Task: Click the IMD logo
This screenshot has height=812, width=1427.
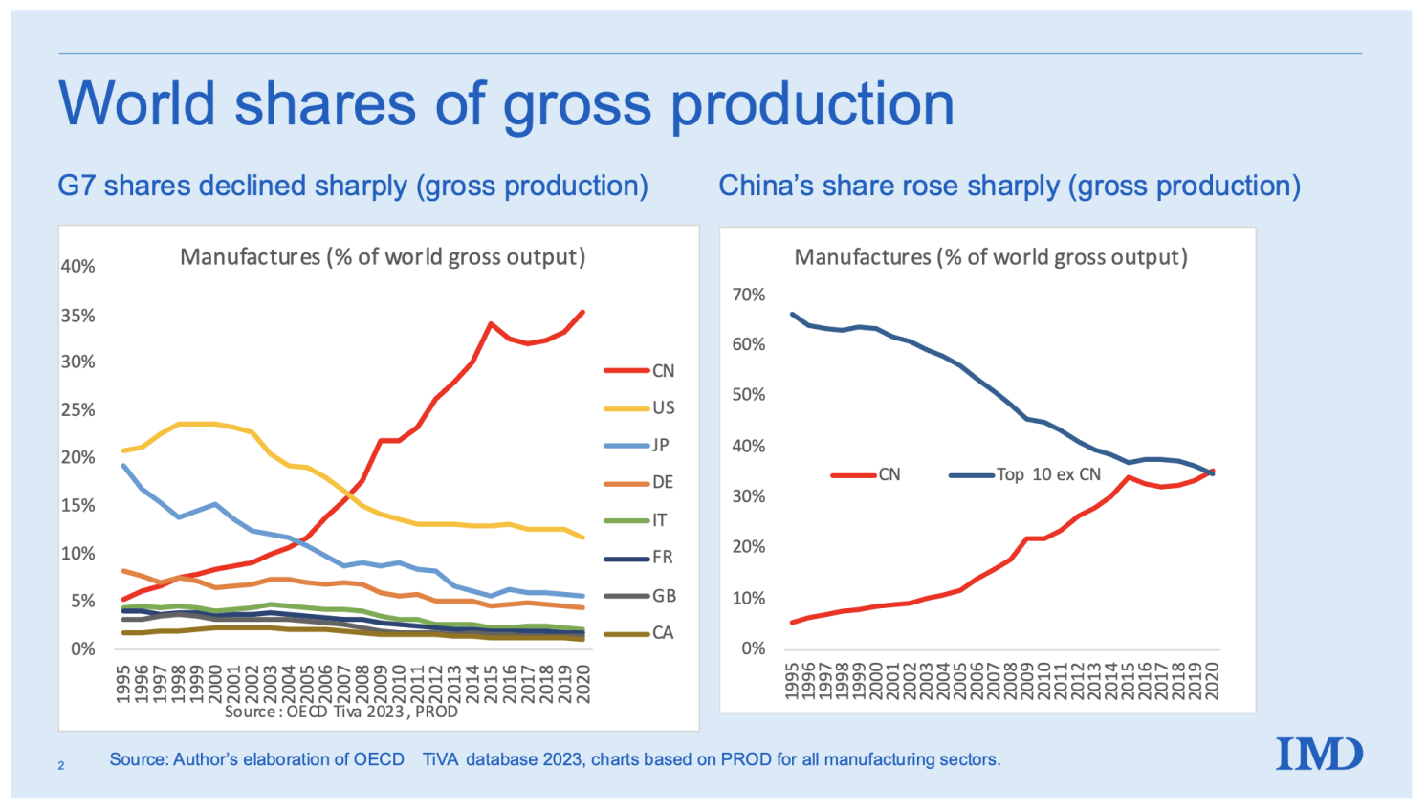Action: [1319, 755]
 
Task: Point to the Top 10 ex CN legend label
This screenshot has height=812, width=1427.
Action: [1048, 474]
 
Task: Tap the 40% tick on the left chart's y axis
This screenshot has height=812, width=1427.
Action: [78, 266]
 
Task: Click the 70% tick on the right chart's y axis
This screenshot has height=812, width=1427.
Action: [749, 295]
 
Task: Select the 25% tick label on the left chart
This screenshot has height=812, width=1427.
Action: [78, 409]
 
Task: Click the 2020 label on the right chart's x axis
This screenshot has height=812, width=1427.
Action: [1213, 680]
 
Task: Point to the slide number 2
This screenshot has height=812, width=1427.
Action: [61, 765]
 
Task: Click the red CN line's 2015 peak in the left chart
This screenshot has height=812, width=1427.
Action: [491, 323]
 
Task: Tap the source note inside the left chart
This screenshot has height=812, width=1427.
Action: [341, 712]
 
